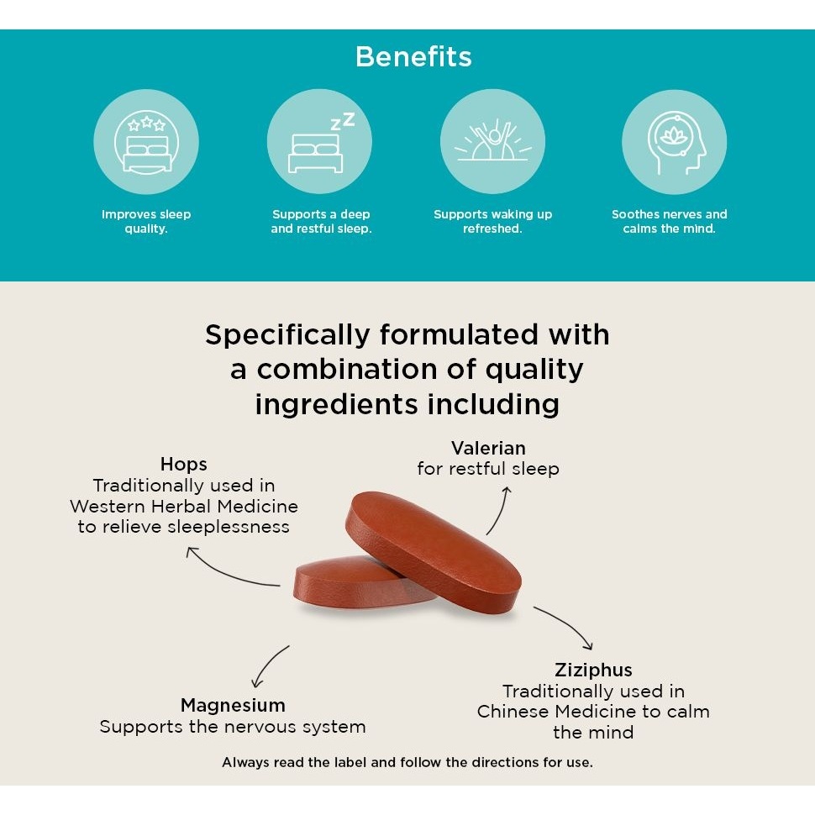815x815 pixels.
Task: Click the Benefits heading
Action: click(x=413, y=56)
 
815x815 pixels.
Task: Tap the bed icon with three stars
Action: click(x=146, y=141)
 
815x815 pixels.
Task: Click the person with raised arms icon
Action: click(x=492, y=140)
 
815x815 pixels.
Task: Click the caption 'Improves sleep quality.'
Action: click(x=146, y=222)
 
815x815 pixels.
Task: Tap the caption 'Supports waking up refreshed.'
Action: click(x=492, y=222)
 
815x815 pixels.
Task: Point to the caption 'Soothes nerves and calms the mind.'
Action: click(x=670, y=222)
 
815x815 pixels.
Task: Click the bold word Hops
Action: click(x=183, y=464)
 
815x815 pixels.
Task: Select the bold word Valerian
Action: click(x=488, y=448)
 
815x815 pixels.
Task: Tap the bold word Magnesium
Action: click(x=233, y=705)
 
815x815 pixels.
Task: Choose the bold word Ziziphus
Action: click(x=593, y=670)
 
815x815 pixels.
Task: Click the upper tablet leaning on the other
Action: click(x=433, y=551)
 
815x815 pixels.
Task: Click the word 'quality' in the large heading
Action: click(x=534, y=371)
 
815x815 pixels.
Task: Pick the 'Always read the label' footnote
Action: click(x=407, y=763)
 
